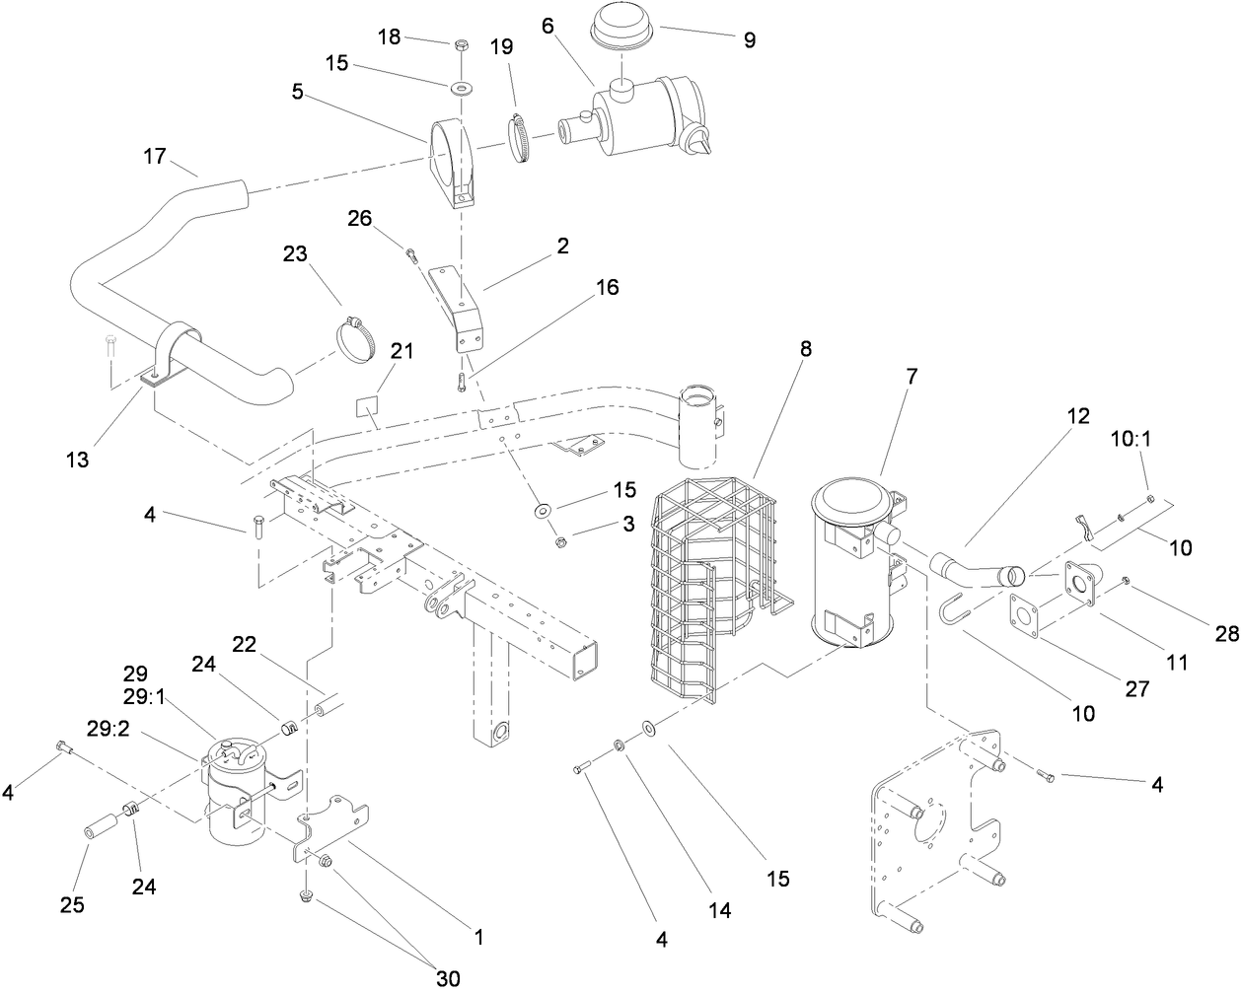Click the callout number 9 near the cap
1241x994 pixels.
pos(749,39)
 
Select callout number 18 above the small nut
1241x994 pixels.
pos(390,36)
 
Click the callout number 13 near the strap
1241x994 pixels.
pos(77,459)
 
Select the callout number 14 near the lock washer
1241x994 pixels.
pos(721,909)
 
